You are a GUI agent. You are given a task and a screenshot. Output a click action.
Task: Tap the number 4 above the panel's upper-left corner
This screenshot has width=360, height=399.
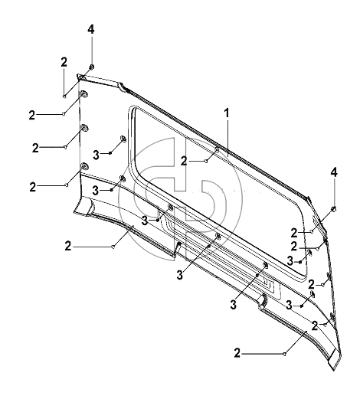[x=91, y=29]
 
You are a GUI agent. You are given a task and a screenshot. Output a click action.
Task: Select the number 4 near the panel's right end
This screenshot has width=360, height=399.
[x=334, y=172]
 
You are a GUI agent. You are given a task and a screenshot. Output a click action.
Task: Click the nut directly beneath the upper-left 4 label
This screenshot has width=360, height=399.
[x=91, y=67]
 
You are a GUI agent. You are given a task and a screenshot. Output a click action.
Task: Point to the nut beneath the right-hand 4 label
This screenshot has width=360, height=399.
[x=334, y=208]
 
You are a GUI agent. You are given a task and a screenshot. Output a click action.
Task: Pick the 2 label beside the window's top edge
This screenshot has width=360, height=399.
[x=184, y=162]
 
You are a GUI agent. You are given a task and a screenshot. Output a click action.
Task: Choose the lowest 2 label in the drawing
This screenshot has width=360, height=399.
[x=237, y=354]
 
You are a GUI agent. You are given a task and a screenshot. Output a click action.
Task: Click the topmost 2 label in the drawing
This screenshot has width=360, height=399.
[x=64, y=62]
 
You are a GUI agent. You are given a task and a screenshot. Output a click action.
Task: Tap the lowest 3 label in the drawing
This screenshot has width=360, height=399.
[x=234, y=305]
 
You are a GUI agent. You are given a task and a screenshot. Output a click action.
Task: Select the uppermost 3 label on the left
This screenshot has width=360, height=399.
[x=96, y=155]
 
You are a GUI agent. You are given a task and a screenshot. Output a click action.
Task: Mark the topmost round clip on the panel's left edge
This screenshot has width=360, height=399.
[x=83, y=94]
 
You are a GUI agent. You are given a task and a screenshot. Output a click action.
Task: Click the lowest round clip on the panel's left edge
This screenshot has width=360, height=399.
[x=83, y=166]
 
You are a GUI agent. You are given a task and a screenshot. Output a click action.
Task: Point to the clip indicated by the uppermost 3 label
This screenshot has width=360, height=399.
[x=123, y=139]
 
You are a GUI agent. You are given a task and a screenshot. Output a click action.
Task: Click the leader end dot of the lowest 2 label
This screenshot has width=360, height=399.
[x=285, y=354]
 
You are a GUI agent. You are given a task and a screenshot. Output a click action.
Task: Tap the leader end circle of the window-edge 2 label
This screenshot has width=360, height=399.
[x=206, y=161]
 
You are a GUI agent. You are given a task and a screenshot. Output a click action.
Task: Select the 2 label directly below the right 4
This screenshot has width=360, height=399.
[x=294, y=233]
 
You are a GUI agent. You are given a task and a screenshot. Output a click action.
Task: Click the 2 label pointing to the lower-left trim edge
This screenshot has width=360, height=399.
[x=68, y=247]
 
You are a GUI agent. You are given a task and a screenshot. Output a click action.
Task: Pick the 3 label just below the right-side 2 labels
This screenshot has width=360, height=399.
[x=290, y=261]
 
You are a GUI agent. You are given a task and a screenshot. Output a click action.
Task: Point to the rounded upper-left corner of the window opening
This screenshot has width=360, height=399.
[x=132, y=109]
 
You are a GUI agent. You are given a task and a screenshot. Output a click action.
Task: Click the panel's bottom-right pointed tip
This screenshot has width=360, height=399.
[x=334, y=371]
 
